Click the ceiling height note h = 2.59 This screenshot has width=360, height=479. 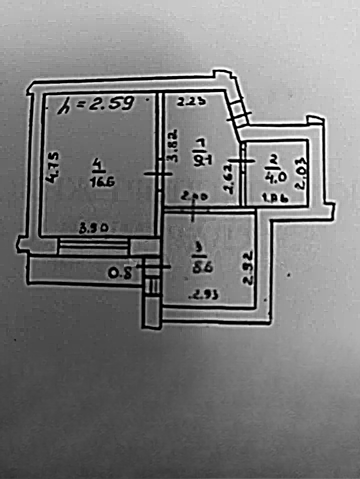[x=95, y=104]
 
